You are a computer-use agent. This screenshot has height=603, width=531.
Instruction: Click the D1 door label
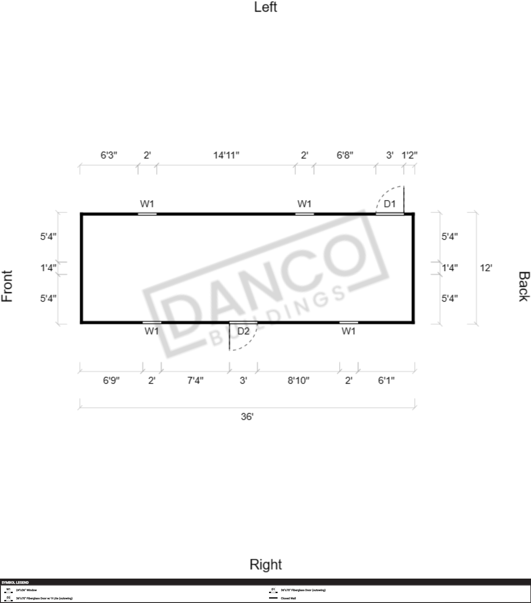click(x=389, y=203)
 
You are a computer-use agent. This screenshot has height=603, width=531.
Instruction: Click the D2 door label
click(x=244, y=331)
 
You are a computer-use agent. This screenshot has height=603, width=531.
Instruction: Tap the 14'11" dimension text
click(x=226, y=155)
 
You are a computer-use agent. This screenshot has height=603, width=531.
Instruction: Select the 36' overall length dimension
click(x=247, y=417)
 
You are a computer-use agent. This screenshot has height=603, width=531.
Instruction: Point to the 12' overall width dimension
click(x=486, y=268)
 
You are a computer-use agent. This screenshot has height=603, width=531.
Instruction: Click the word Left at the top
click(x=266, y=7)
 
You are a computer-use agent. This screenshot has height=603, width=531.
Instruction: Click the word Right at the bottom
click(x=266, y=564)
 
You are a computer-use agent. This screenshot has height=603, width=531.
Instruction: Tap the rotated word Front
click(x=7, y=286)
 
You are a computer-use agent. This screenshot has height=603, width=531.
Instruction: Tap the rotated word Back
click(x=524, y=286)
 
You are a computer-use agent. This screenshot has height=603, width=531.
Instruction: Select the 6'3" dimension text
click(x=109, y=155)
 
